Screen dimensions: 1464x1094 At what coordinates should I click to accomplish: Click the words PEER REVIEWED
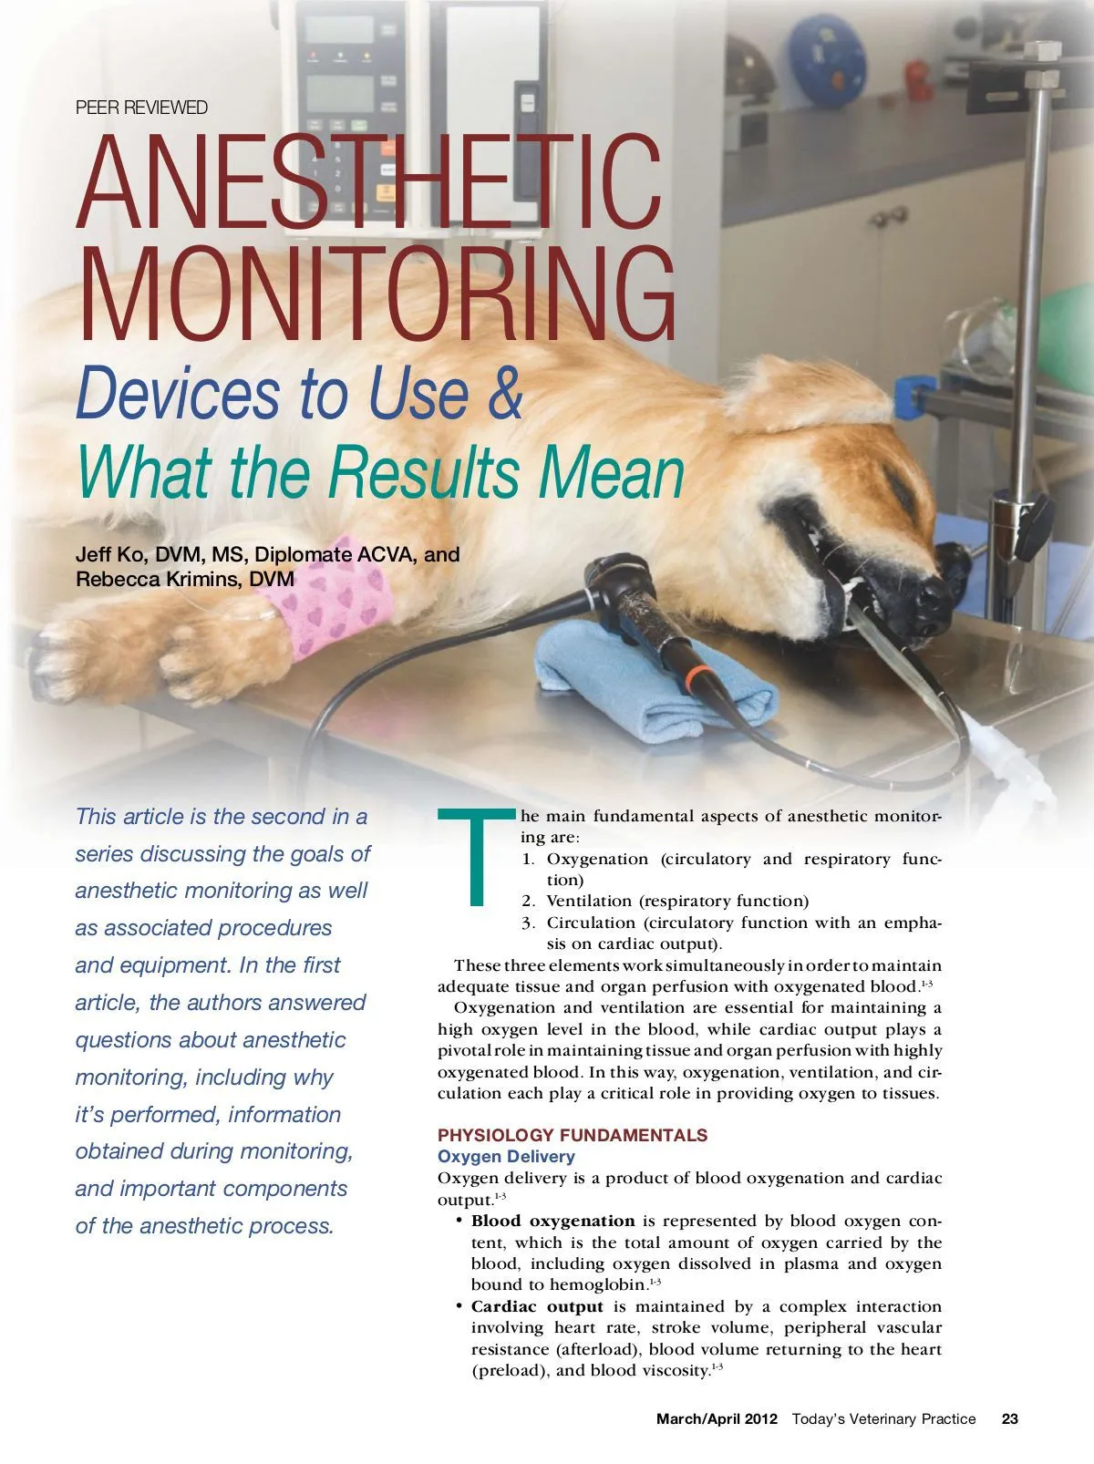pyautogui.click(x=141, y=108)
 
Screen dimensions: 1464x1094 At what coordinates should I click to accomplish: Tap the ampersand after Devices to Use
pyautogui.click(x=504, y=393)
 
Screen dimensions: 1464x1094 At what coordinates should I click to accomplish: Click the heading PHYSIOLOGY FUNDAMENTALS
pyautogui.click(x=573, y=1135)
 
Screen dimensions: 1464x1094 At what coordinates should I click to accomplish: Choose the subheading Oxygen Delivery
pyautogui.click(x=506, y=1157)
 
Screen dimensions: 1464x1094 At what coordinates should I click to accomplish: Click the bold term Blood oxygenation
pyautogui.click(x=552, y=1221)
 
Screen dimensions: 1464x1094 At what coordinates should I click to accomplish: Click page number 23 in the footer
pyautogui.click(x=1010, y=1418)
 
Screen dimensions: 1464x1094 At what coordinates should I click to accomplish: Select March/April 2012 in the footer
pyautogui.click(x=717, y=1418)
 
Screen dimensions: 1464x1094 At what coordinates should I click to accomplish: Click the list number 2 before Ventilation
pyautogui.click(x=528, y=902)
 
